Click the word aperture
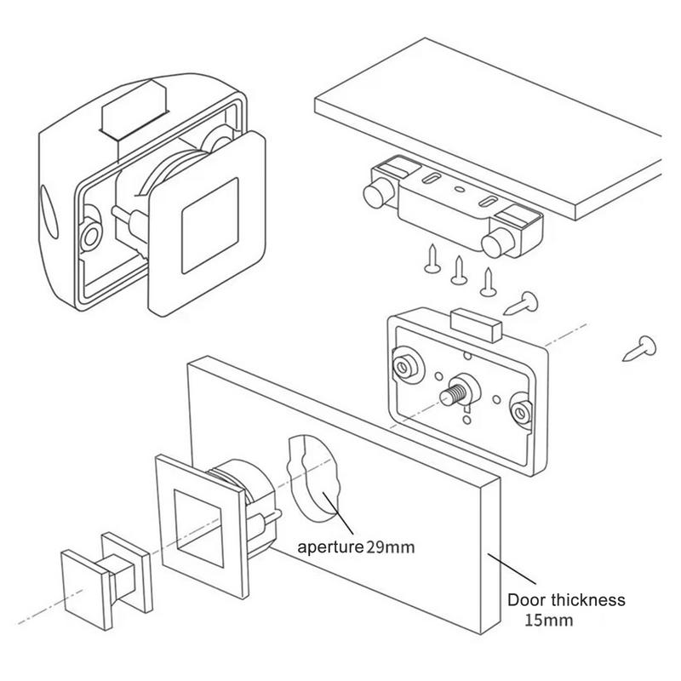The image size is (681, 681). point(330,547)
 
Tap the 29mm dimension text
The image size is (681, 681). point(391,547)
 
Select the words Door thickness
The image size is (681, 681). point(566,600)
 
